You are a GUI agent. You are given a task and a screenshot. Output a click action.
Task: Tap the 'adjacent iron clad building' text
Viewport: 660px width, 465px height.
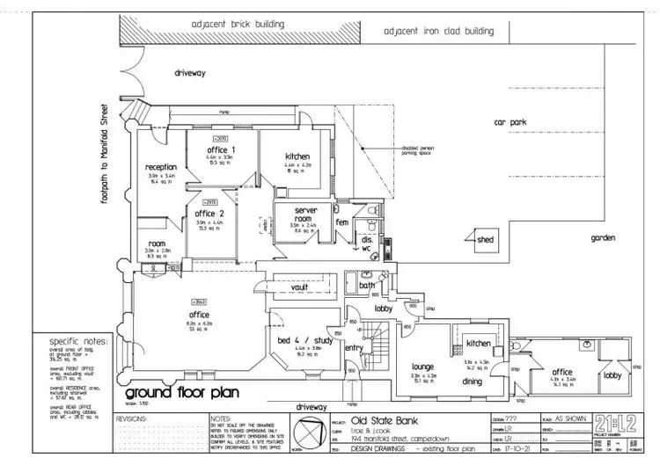pyautogui.click(x=439, y=32)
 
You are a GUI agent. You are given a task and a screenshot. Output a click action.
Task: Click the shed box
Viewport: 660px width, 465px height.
pyautogui.click(x=485, y=239)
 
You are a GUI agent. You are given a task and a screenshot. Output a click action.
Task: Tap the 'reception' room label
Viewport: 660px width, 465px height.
pyautogui.click(x=162, y=167)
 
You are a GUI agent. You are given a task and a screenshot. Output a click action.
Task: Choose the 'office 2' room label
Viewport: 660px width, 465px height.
pyautogui.click(x=209, y=214)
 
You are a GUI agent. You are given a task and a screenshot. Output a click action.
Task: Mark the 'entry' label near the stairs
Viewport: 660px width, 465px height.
pyautogui.click(x=354, y=349)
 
